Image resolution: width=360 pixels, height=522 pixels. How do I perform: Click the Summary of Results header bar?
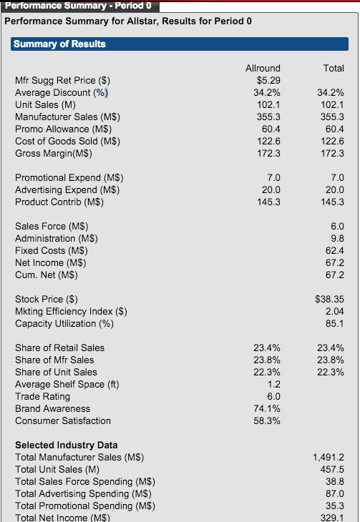180,44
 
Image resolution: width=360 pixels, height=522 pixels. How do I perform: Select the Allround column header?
263,68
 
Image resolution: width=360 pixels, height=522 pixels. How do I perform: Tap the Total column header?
334,68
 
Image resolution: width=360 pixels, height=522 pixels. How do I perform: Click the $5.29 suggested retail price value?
268,80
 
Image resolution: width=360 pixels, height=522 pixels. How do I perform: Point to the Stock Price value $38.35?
329,299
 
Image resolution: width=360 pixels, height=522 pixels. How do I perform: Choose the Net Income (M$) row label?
51,262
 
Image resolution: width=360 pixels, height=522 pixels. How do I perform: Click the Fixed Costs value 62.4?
335,250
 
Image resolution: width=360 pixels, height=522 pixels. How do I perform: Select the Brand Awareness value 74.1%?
267,408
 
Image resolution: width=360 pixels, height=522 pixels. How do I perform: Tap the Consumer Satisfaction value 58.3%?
267,420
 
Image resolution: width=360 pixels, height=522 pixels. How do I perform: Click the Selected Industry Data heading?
67,445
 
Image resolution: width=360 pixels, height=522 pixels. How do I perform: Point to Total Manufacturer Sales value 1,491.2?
329,457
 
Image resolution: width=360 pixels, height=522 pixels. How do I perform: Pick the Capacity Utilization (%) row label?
64,323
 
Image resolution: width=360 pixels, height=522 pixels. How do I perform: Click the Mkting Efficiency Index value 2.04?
335,311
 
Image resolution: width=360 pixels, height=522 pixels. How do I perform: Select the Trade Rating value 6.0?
273,396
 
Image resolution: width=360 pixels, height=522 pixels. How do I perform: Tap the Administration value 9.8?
337,238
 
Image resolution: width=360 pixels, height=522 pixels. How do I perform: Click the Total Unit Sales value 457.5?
332,469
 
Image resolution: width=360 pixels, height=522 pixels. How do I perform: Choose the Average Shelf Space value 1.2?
274,384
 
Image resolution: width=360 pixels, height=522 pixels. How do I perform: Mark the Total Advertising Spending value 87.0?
335,493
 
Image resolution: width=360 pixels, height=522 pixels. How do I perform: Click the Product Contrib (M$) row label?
59,202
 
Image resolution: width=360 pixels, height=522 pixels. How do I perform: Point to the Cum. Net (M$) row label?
47,275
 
